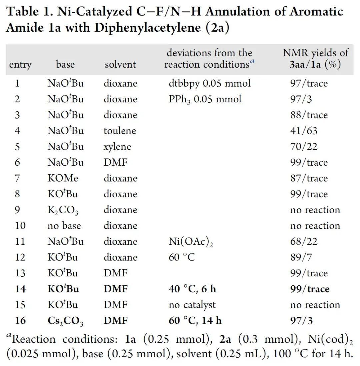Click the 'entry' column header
tap(20, 64)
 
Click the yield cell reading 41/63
tap(304, 131)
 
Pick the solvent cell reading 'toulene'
tap(120, 131)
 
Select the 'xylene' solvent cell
tap(117, 147)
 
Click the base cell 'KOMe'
tap(63, 178)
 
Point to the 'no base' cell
tap(64, 226)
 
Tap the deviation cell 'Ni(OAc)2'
tap(191, 242)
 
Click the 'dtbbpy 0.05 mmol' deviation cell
tap(210, 83)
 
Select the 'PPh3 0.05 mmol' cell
tap(205, 99)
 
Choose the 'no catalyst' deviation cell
tap(192, 305)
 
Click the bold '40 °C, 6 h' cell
tap(192, 289)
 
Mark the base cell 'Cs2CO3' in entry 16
tap(65, 321)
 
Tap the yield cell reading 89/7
tap(301, 257)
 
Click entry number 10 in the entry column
tap(20, 226)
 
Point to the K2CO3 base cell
tap(63, 210)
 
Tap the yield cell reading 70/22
tap(304, 147)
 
